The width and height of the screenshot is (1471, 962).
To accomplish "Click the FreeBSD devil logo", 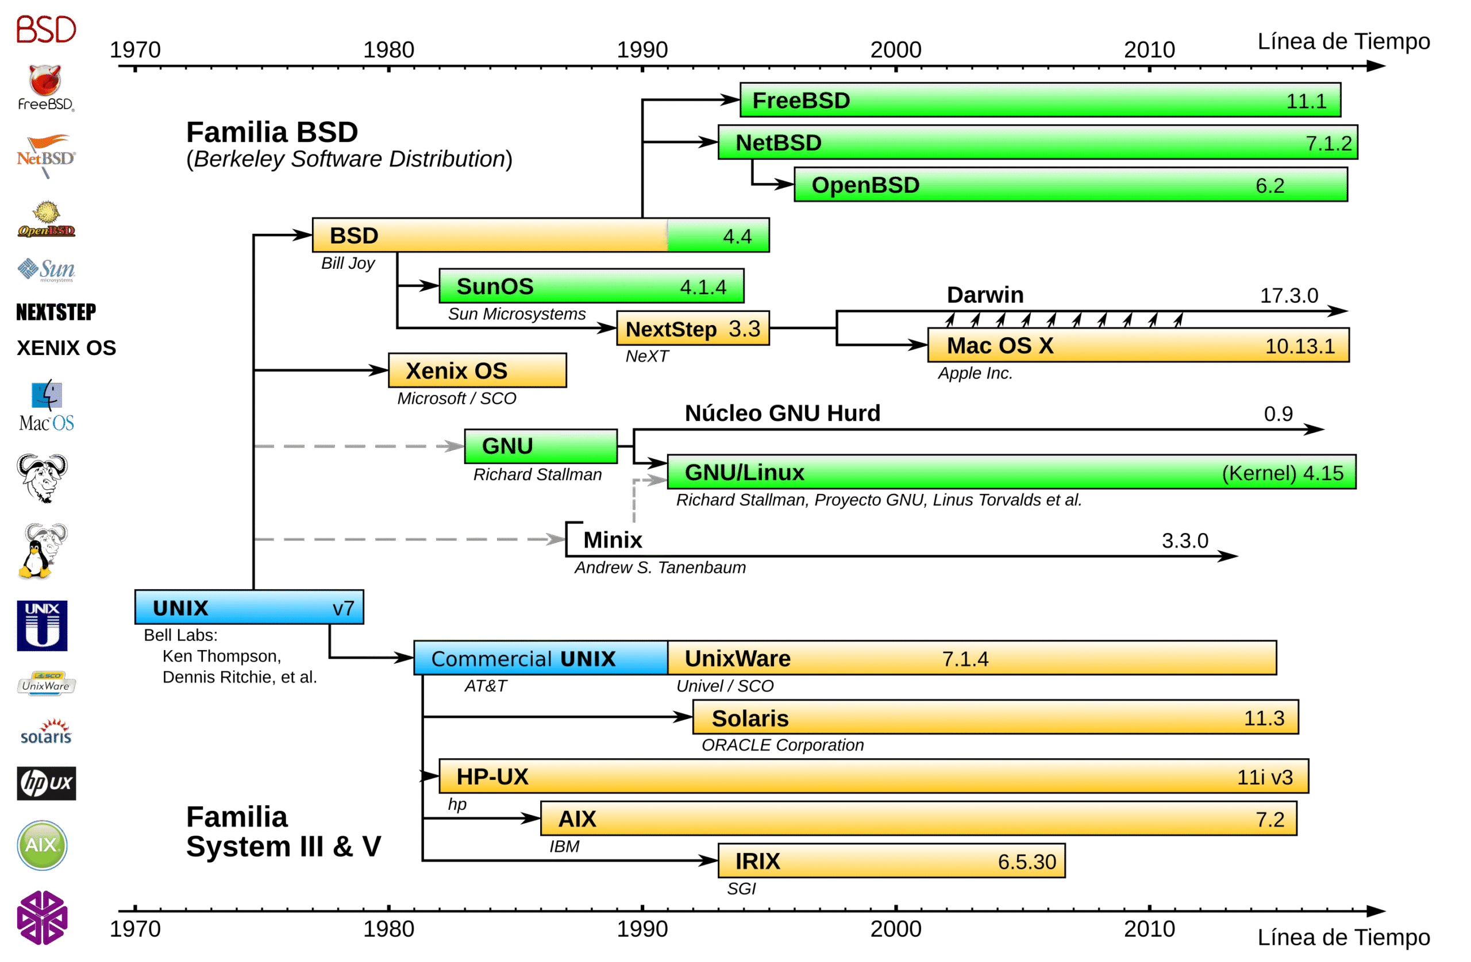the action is coord(45,87).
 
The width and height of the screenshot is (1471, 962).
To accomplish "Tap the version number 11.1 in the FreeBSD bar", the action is coord(1306,101).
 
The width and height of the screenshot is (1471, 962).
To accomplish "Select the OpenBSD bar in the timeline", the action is coord(1070,185).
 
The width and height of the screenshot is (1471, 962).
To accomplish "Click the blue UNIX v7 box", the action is coord(249,607).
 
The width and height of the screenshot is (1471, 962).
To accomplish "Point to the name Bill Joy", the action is coord(348,263).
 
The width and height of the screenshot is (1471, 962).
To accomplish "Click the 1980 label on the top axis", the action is coord(388,49).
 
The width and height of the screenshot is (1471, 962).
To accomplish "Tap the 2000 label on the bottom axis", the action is coord(896,929).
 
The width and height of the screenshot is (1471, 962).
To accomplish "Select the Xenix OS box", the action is coord(477,370).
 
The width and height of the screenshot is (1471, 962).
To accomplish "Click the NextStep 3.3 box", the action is coord(693,328).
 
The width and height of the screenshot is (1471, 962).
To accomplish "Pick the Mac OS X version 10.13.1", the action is coord(1300,346).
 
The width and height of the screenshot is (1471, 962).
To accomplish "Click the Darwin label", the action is coord(985,295).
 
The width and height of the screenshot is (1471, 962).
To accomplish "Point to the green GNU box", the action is coord(541,446).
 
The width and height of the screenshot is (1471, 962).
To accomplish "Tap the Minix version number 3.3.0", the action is coord(1185,540).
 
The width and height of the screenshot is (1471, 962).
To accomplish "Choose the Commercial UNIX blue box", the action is coord(541,658).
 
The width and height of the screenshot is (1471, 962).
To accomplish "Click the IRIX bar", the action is coord(891,861).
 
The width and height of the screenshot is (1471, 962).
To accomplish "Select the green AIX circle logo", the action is coord(42,845).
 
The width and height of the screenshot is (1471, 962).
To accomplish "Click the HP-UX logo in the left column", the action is coord(47,783).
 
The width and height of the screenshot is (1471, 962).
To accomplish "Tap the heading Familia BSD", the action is coord(272,132).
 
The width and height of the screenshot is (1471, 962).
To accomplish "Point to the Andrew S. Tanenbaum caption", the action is coord(660,567).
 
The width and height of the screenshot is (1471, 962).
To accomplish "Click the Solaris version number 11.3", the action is coord(1264,718).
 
